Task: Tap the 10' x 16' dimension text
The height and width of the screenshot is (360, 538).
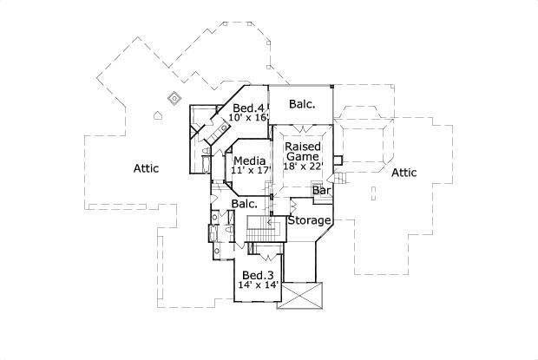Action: [249, 118]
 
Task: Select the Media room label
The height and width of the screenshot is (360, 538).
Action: [249, 160]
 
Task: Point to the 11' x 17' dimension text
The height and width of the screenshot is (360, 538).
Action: [249, 171]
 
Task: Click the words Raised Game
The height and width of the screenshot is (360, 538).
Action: [305, 153]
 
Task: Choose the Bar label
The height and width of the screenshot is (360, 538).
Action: [322, 190]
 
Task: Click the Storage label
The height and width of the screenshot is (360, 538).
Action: [310, 221]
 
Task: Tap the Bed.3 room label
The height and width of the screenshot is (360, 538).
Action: [258, 275]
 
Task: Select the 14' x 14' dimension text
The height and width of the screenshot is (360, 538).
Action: [258, 285]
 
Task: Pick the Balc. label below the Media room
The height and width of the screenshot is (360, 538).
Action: [244, 204]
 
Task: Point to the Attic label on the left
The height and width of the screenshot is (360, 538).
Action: [146, 168]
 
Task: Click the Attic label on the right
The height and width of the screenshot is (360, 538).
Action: [403, 173]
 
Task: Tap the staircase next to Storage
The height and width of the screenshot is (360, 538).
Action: [260, 230]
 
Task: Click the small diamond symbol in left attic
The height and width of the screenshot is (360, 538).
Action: [173, 98]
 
